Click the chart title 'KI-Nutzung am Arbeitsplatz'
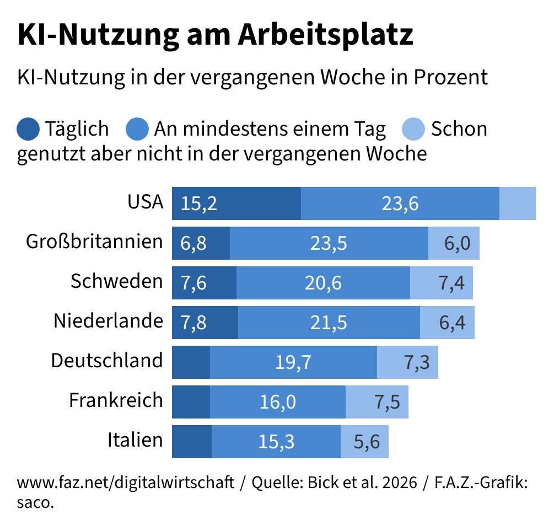pyautogui.click(x=215, y=35)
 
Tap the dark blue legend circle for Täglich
pyautogui.click(x=29, y=129)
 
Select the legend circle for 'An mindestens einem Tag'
pyautogui.click(x=138, y=129)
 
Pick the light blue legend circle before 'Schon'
pyautogui.click(x=415, y=129)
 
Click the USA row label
pyautogui.click(x=146, y=202)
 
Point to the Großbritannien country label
pyautogui.click(x=95, y=242)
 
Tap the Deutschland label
pyautogui.click(x=107, y=361)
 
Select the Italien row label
pyautogui.click(x=135, y=441)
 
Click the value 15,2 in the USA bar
pyautogui.click(x=198, y=204)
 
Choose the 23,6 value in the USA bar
pyautogui.click(x=400, y=204)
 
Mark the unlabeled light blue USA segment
pyautogui.click(x=517, y=203)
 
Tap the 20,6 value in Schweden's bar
pyautogui.click(x=323, y=283)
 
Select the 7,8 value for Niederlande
pyautogui.click(x=193, y=323)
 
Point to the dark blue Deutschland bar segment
pyautogui.click(x=191, y=362)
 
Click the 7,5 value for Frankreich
pyautogui.click(x=387, y=402)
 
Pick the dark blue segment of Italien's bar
pyautogui.click(x=192, y=442)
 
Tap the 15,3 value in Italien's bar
pyautogui.click(x=277, y=442)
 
